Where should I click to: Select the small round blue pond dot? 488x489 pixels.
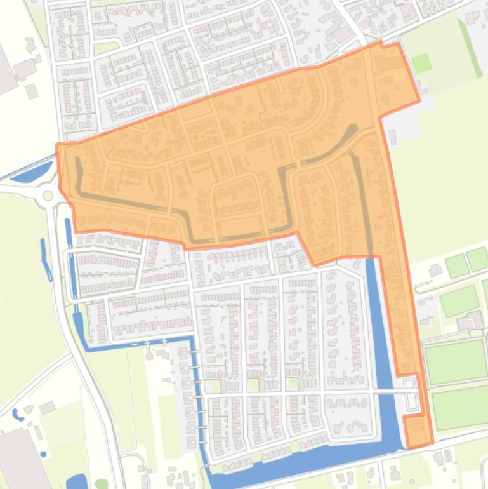click(x=43, y=455)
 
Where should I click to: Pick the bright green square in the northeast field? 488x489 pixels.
click(x=420, y=63)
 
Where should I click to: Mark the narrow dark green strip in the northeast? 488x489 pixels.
click(x=470, y=38)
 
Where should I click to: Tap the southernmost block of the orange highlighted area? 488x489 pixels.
click(x=418, y=432)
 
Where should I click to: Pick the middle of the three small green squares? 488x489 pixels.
click(x=253, y=385)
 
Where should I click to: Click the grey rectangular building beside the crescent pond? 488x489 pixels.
click(x=47, y=407)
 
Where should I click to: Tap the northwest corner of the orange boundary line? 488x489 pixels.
click(x=57, y=145)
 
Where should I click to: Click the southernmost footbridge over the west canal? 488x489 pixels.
click(x=202, y=440)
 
